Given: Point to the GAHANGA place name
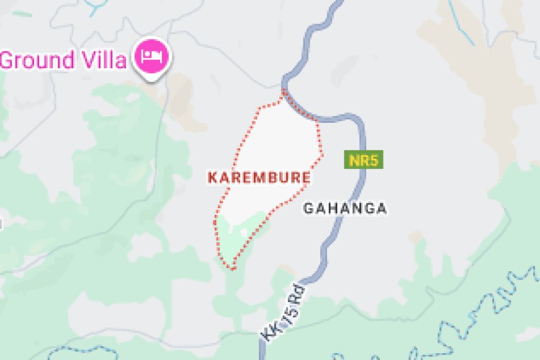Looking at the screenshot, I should point(344,209).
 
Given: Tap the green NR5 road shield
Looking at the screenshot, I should point(363,161).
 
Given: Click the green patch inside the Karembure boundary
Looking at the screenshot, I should point(239,233).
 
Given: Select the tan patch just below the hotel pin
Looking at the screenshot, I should point(180,99).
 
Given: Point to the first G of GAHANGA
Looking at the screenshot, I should point(308,209).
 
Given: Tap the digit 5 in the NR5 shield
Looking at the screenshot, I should point(374,161).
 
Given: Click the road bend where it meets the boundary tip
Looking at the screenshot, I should point(286,87).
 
